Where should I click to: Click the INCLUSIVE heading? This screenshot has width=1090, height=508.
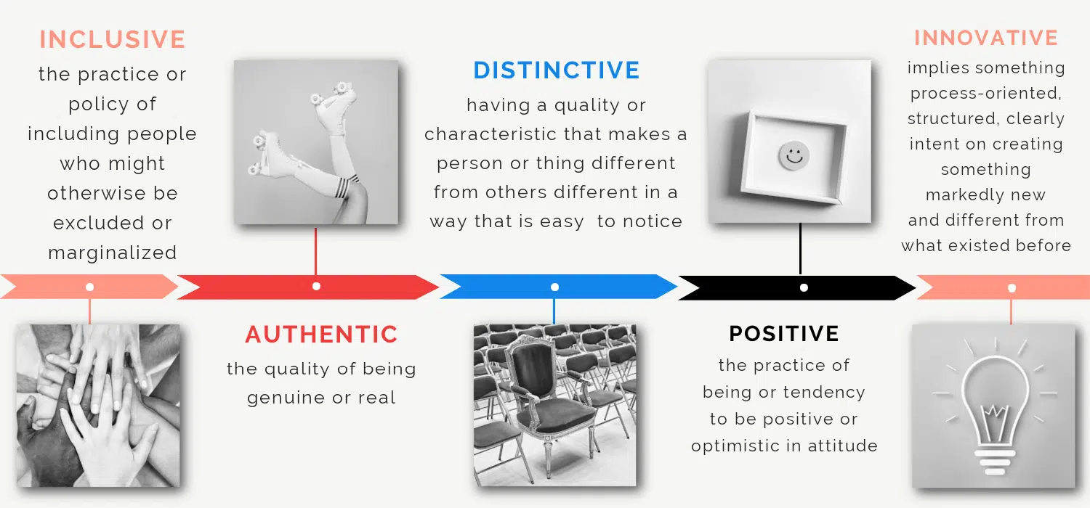click(113, 39)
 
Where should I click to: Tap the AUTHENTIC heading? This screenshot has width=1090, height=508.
click(322, 335)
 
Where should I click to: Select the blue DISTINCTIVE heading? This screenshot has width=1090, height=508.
click(557, 70)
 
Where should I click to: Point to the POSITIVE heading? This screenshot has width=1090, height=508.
click(784, 334)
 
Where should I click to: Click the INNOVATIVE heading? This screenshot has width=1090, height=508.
click(986, 38)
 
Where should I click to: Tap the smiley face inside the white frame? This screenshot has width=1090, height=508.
click(794, 156)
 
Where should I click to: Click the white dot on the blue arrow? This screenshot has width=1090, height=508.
click(554, 287)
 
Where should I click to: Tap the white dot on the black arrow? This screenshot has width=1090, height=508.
click(804, 288)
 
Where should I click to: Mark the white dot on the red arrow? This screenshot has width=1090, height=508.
click(316, 287)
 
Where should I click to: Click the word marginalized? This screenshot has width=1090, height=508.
click(113, 253)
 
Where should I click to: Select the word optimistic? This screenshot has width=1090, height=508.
click(733, 446)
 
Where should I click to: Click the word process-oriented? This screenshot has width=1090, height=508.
click(986, 94)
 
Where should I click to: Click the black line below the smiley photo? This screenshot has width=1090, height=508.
click(801, 248)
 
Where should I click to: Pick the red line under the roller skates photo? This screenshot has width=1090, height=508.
click(316, 251)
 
